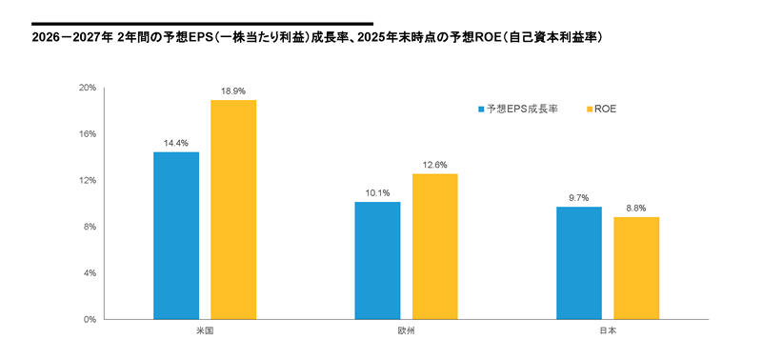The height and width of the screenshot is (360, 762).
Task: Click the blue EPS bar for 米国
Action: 176,235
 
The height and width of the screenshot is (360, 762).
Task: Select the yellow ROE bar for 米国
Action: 233,210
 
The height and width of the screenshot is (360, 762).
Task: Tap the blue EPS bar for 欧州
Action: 377,260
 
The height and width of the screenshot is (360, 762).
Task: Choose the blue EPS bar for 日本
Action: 579,263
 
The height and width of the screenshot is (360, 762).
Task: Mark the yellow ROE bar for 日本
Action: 636,268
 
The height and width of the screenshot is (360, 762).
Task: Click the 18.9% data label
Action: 233,91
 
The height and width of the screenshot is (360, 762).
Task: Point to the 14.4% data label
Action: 176,143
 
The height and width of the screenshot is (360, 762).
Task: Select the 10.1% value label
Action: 377,193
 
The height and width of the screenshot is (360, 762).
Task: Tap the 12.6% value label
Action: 434,165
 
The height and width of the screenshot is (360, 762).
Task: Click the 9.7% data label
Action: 579,198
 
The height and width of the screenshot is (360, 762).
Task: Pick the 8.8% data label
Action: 636,209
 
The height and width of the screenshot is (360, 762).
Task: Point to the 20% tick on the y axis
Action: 88,88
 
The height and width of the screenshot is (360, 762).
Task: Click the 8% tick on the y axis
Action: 90,227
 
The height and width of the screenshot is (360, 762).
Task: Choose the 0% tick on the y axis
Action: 90,319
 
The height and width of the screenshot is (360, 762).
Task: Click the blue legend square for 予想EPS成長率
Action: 481,109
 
